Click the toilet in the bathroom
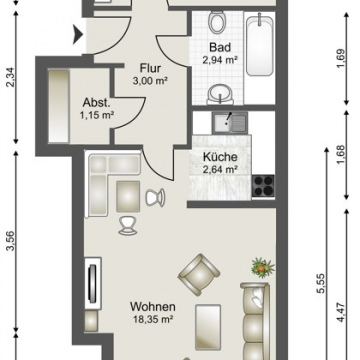tap(217, 22)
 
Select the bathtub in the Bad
tap(260, 46)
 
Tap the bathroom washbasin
tap(220, 93)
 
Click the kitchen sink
tap(230, 122)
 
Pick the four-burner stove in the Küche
tap(263, 186)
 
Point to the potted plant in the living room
tap(263, 267)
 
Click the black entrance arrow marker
tap(78, 34)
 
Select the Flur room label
tap(150, 69)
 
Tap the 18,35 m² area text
tap(152, 320)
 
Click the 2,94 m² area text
tap(220, 60)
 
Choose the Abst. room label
tap(97, 103)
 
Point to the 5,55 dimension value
tap(321, 284)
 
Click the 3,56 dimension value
tap(12, 240)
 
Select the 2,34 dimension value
tap(12, 77)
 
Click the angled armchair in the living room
tap(199, 275)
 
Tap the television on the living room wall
tap(92, 283)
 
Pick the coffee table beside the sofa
tap(208, 327)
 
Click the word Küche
tap(220, 157)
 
